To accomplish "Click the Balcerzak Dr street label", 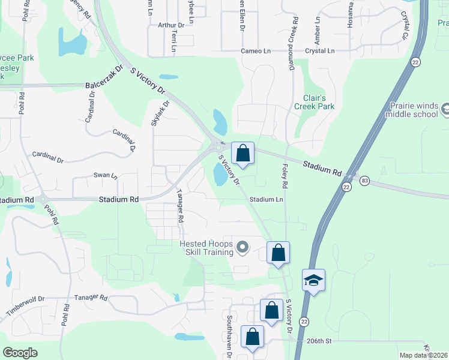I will [104, 77].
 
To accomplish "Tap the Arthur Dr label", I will [171, 25].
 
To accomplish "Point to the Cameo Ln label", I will [256, 51].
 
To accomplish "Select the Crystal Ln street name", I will [319, 51].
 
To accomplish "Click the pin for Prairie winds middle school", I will [444, 110].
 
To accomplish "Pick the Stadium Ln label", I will [266, 199].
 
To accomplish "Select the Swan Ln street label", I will [106, 175].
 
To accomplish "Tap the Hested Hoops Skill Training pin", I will [243, 247].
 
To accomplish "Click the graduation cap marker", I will [313, 280].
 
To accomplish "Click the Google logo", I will [20, 352].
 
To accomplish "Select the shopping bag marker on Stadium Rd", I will [243, 153].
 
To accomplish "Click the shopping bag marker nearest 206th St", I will [252, 336].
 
